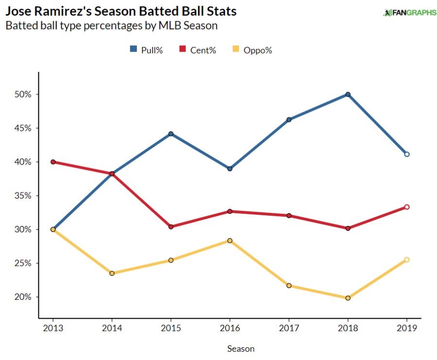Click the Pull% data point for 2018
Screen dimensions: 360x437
(348, 94)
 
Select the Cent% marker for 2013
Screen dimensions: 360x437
(53, 162)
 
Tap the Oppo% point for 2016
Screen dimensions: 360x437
(230, 240)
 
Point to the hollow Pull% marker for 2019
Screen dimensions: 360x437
(407, 154)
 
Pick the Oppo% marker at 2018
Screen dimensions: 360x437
(348, 298)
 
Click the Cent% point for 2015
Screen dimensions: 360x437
(171, 227)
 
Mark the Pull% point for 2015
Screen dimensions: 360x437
(171, 134)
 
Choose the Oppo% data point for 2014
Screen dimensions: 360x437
(112, 273)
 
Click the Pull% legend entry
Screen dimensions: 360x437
(146, 50)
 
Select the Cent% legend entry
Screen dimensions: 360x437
(198, 50)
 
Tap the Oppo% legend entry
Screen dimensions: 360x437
(251, 50)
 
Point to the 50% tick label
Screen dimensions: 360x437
(23, 94)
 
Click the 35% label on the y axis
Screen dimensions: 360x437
(23, 196)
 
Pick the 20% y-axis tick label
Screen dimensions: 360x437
(23, 297)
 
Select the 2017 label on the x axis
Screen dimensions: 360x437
(289, 329)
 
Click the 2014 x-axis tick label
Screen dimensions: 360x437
(112, 329)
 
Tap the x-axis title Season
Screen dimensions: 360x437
(241, 348)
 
